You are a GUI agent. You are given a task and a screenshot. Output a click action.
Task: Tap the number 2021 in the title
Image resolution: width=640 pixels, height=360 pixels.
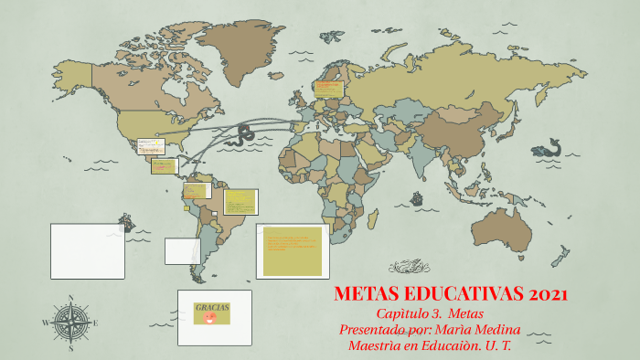click(549, 295)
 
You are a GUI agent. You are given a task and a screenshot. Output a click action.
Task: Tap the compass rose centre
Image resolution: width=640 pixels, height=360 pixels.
click(70, 322)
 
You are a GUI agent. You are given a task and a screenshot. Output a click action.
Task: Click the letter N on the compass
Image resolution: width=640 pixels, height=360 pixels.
click(70, 298)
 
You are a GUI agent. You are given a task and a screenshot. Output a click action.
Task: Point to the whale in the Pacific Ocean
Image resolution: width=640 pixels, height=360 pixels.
click(547, 148)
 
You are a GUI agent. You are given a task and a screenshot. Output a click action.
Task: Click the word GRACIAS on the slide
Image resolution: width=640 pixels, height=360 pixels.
click(212, 307)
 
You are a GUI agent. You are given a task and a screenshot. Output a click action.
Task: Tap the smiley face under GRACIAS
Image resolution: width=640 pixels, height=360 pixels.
click(211, 319)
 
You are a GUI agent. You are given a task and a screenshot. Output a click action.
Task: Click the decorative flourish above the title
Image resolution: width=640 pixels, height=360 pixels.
click(409, 267)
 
